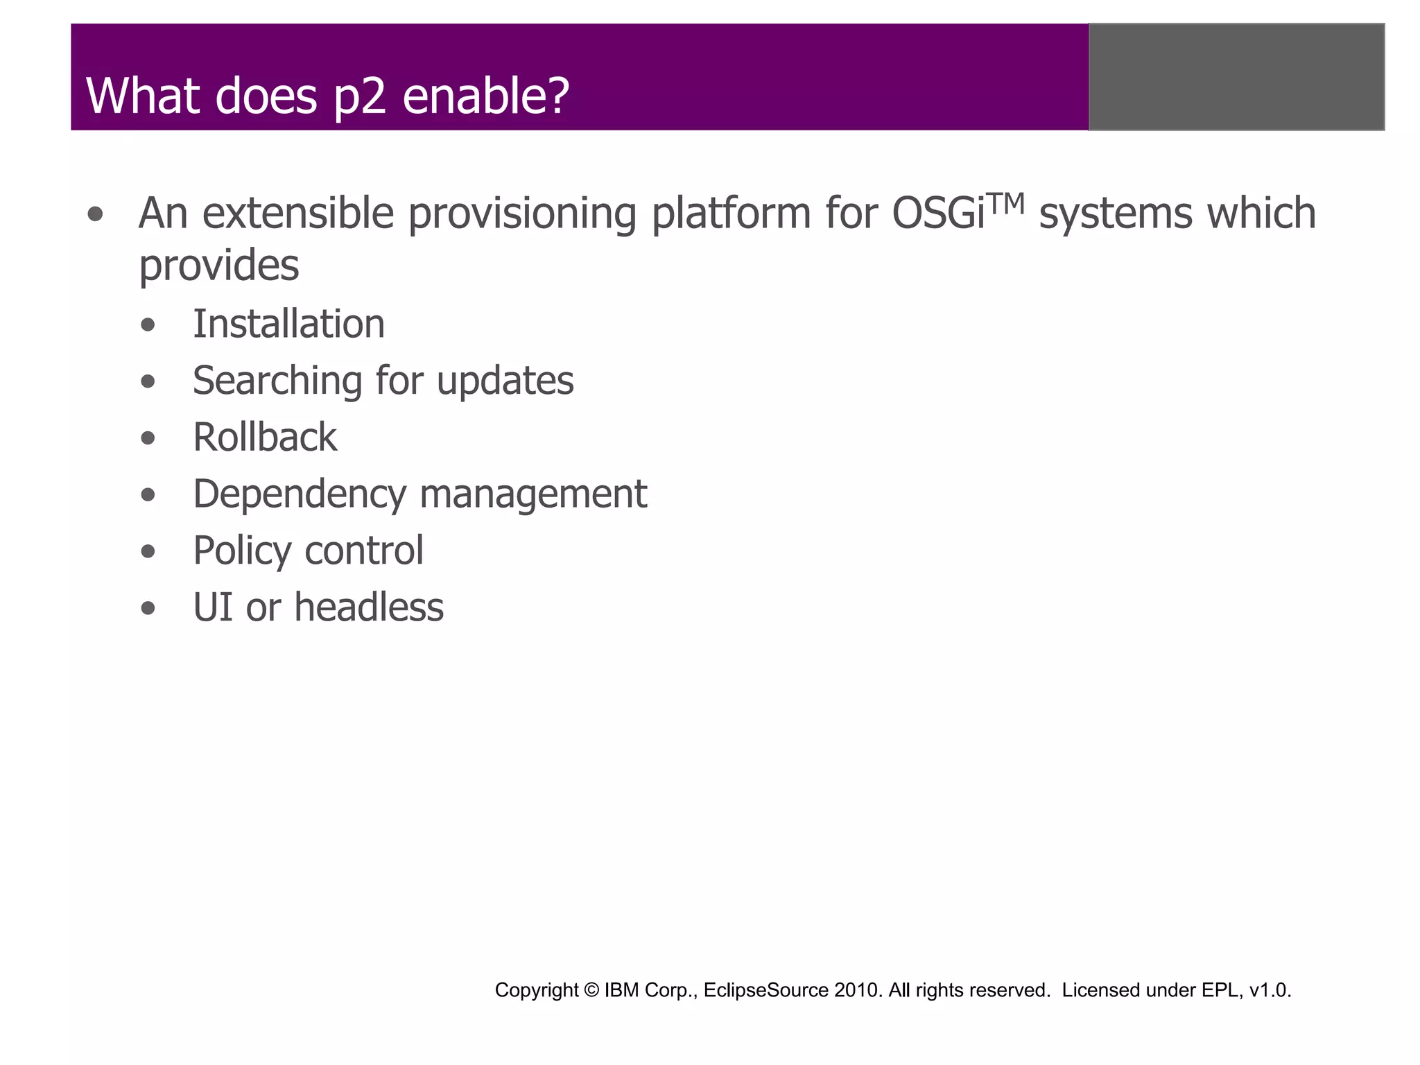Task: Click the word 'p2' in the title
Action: [x=359, y=97]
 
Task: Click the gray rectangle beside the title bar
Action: [x=1236, y=76]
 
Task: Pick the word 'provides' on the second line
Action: [x=218, y=266]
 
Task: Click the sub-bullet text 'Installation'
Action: [x=288, y=324]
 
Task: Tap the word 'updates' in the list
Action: [x=505, y=381]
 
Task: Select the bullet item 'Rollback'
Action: [x=265, y=438]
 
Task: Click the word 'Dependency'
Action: [x=300, y=494]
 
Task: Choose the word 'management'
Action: [x=532, y=494]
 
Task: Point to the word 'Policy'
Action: [x=242, y=551]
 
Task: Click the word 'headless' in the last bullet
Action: [x=368, y=607]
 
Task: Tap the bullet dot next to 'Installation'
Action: [x=148, y=325]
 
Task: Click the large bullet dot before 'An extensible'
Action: [x=96, y=214]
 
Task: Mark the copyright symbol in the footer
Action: [x=591, y=990]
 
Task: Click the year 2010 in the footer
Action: [x=858, y=990]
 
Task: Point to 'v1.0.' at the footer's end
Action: [x=1270, y=990]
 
